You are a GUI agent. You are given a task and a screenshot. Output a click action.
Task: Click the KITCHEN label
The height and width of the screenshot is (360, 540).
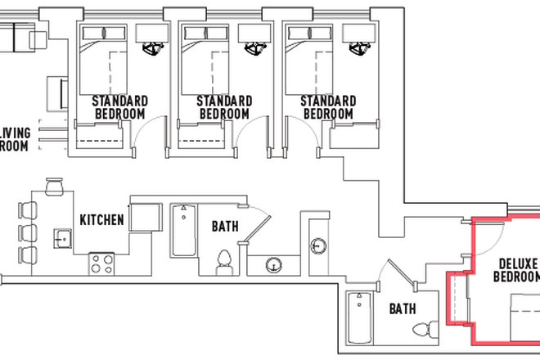[101, 219]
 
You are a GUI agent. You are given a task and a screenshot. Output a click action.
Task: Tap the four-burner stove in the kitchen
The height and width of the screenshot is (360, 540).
[101, 263]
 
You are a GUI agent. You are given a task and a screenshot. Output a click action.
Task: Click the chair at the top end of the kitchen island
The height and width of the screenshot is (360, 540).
[55, 188]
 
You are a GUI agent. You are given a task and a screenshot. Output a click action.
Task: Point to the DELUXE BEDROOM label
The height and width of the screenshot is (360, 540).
[517, 270]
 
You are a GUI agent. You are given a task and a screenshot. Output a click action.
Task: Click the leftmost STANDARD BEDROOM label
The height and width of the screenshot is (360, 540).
[120, 107]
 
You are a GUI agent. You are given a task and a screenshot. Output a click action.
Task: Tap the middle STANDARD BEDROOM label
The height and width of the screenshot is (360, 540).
[223, 107]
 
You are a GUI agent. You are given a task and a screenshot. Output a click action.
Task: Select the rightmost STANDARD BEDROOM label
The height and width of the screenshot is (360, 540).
[328, 107]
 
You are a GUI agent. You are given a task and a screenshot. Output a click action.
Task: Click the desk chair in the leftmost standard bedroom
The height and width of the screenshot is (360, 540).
[150, 48]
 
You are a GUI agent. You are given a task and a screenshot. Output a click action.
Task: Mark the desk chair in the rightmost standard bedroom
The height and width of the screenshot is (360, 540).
[358, 48]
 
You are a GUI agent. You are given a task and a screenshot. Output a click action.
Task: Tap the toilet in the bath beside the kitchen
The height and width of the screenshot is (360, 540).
[223, 263]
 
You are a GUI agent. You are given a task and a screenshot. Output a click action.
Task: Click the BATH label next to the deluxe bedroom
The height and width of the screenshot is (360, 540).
[402, 309]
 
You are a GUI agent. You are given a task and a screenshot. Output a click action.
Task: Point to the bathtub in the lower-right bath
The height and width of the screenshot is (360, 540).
[358, 319]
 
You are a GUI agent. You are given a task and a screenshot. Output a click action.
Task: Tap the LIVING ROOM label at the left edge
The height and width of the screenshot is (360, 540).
[15, 139]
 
